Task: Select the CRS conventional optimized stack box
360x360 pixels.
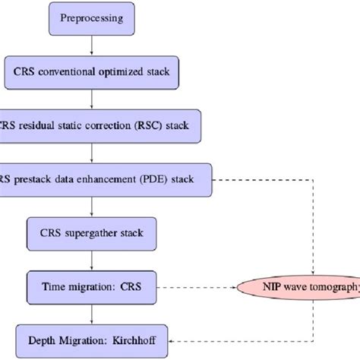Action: click(90, 74)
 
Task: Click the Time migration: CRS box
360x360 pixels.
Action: click(90, 286)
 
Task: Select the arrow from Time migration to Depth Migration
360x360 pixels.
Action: click(91, 311)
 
